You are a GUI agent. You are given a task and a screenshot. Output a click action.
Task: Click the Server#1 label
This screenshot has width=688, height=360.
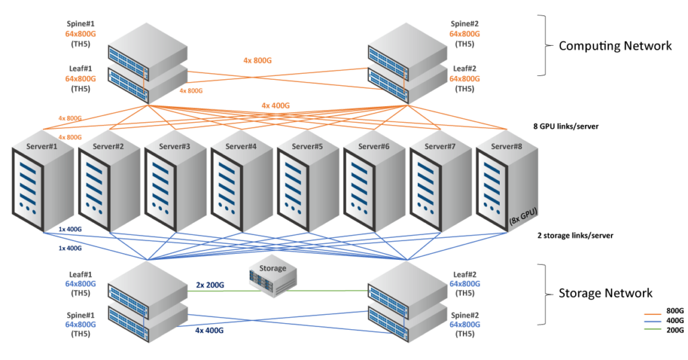[x=42, y=146]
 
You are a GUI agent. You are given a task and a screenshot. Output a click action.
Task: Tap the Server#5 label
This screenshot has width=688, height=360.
[x=307, y=146]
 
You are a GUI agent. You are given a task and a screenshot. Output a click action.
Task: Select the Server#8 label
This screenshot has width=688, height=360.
[x=507, y=146]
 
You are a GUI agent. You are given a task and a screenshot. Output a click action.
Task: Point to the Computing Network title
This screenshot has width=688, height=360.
[x=615, y=46]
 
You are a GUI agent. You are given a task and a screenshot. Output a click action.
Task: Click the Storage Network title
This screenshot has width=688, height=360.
[x=605, y=293]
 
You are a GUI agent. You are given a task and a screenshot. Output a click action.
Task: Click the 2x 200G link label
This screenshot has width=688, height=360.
[x=210, y=285]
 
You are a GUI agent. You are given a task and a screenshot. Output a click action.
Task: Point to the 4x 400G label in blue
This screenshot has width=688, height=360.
[x=210, y=330]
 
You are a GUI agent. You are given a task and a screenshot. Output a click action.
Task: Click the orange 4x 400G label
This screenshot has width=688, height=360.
[x=275, y=105]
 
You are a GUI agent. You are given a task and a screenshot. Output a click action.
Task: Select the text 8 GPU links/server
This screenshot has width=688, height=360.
[x=566, y=126]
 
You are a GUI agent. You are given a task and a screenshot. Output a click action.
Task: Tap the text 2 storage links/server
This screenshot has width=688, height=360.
[x=575, y=236]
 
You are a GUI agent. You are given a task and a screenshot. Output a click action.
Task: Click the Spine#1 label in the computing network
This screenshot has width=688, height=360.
[x=81, y=24]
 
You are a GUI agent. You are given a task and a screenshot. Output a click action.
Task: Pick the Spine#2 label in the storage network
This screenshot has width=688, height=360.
[x=465, y=315]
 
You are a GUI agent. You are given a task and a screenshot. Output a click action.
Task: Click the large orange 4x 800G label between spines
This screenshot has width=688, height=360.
[x=257, y=60]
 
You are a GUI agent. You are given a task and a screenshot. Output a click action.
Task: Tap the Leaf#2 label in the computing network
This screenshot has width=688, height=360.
[x=465, y=69]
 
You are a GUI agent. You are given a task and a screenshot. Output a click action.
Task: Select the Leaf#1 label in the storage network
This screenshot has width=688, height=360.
[x=81, y=275]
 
